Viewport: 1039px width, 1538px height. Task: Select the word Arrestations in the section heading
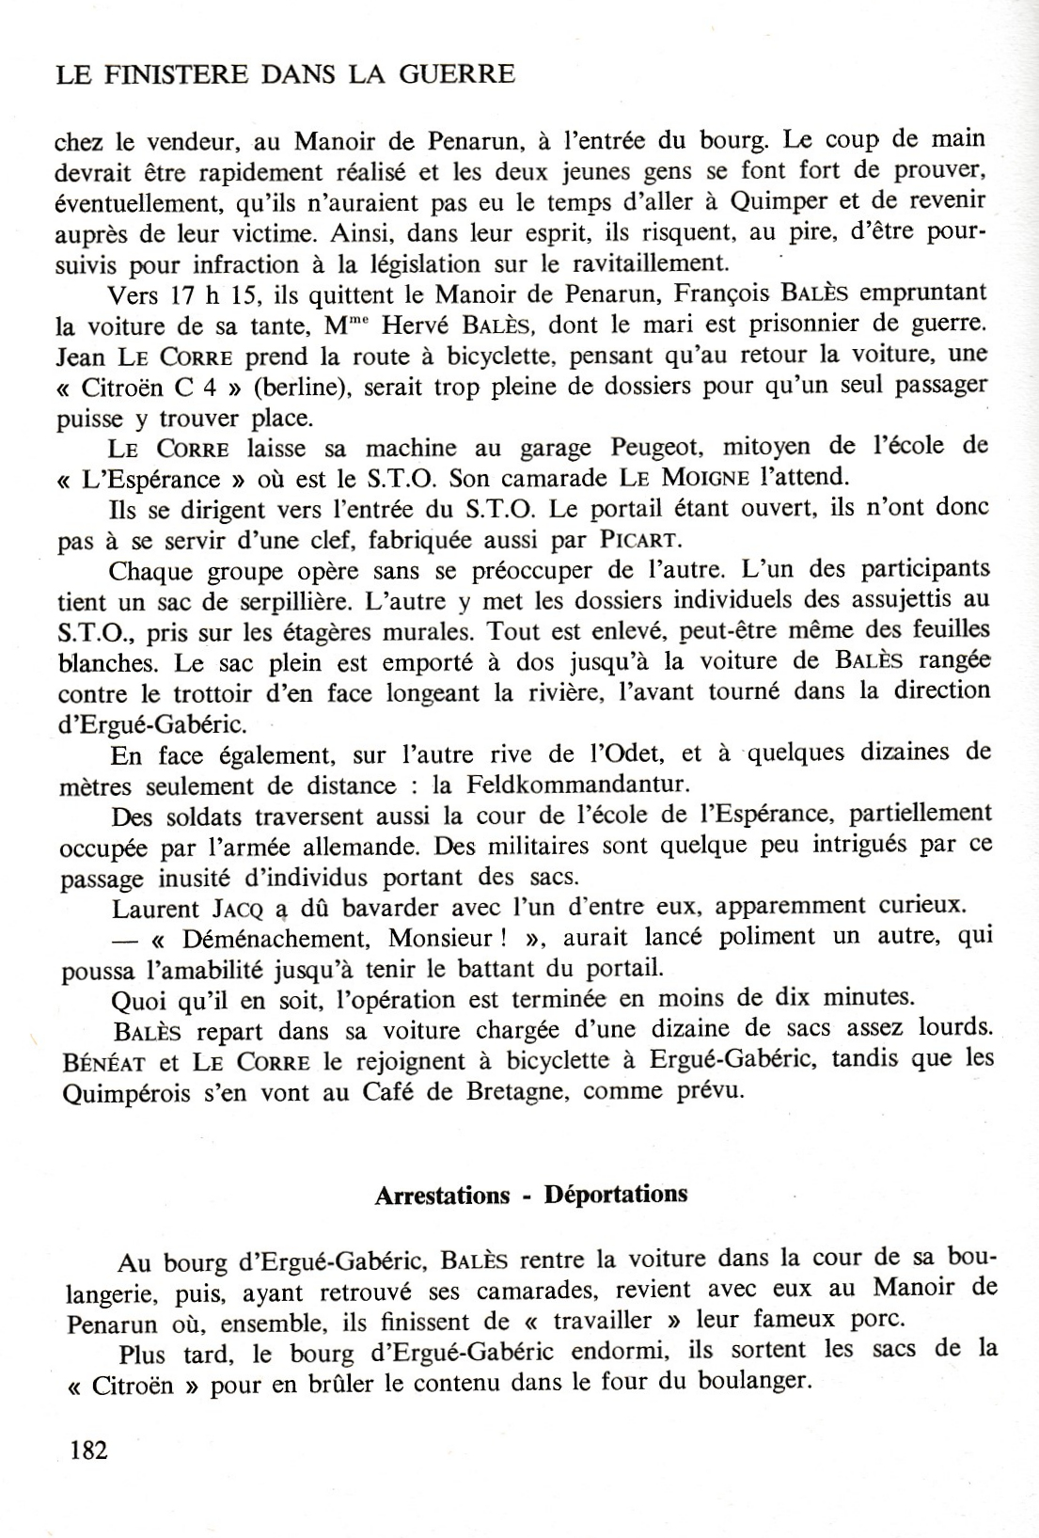coord(442,1196)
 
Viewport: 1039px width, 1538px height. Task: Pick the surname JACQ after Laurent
coord(241,909)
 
